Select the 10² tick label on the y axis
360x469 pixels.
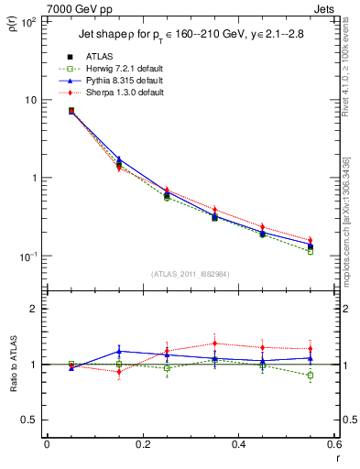[28, 22]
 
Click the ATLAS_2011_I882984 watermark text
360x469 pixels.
[191, 274]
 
